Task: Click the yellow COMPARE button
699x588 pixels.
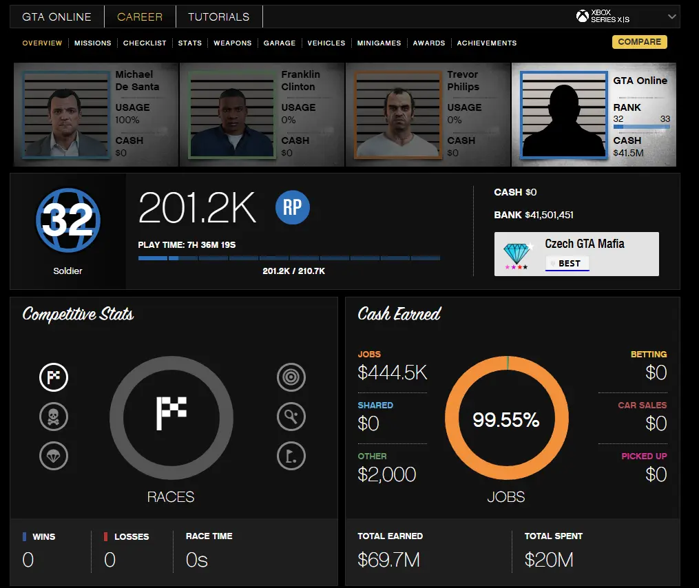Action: pyautogui.click(x=639, y=42)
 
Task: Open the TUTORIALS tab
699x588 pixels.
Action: pyautogui.click(x=219, y=17)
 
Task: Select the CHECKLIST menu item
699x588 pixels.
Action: pyautogui.click(x=145, y=43)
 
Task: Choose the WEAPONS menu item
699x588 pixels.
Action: pyautogui.click(x=232, y=43)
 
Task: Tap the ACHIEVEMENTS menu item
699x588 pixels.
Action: pyautogui.click(x=486, y=43)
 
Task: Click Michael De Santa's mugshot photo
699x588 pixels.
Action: pyautogui.click(x=66, y=115)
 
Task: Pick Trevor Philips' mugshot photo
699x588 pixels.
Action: pyautogui.click(x=398, y=115)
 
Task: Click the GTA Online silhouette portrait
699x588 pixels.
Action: pyautogui.click(x=564, y=115)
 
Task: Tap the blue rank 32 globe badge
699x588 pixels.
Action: pyautogui.click(x=67, y=221)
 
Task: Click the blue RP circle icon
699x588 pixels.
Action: pyautogui.click(x=292, y=208)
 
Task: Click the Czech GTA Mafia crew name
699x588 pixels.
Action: pyautogui.click(x=584, y=244)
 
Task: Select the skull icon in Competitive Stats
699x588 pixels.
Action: pyautogui.click(x=53, y=416)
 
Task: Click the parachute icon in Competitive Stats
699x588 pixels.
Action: pyautogui.click(x=53, y=456)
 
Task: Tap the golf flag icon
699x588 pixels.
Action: pyautogui.click(x=291, y=456)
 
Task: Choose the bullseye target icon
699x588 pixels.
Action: pyautogui.click(x=291, y=377)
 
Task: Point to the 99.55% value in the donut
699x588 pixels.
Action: pyautogui.click(x=506, y=420)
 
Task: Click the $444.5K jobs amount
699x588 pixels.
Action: pyautogui.click(x=393, y=373)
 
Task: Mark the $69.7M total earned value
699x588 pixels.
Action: pyautogui.click(x=388, y=560)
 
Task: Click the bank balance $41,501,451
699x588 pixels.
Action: pyautogui.click(x=549, y=215)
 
